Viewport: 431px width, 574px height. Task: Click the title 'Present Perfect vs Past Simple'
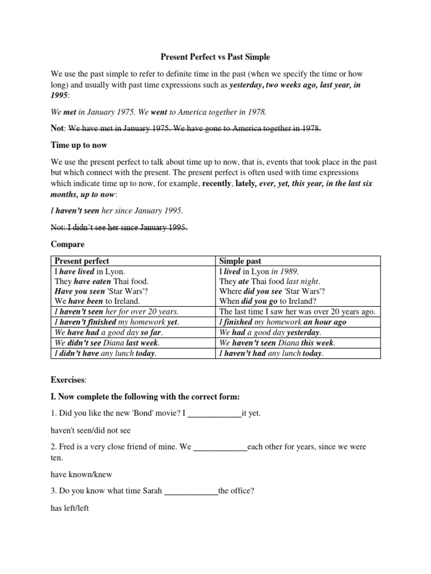(x=215, y=57)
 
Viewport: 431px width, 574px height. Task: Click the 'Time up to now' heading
(x=79, y=145)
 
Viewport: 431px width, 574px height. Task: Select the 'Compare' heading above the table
(x=67, y=244)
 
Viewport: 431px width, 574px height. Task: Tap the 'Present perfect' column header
(x=82, y=261)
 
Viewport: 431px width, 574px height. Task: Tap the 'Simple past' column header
(x=240, y=261)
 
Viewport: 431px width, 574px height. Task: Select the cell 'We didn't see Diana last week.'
(x=107, y=342)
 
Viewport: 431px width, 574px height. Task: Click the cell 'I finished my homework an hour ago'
(x=283, y=322)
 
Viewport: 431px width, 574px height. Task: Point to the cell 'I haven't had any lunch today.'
(x=272, y=353)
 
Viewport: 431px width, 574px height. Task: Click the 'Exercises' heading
(x=68, y=380)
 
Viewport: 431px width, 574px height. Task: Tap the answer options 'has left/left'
(x=70, y=508)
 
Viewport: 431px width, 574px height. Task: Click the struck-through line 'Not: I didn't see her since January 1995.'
(x=119, y=227)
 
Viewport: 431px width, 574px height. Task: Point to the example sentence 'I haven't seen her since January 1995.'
(x=117, y=211)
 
